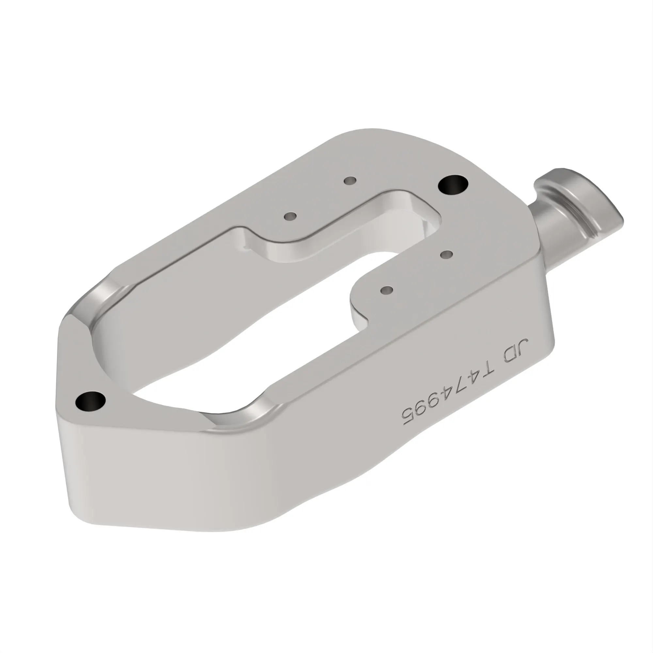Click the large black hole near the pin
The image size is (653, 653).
453,185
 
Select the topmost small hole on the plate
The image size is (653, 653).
350,181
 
